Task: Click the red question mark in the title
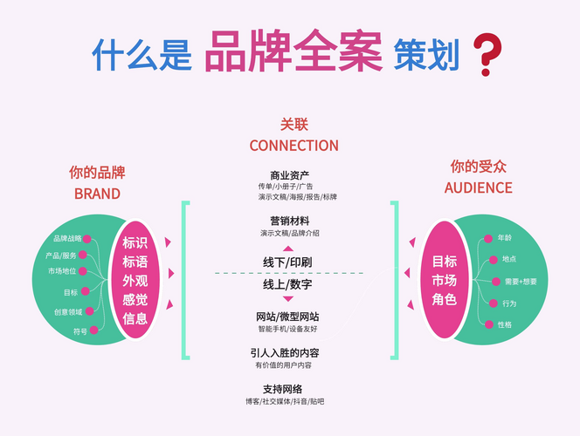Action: pyautogui.click(x=487, y=55)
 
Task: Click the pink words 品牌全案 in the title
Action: pyautogui.click(x=293, y=51)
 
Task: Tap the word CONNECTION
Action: pyautogui.click(x=294, y=146)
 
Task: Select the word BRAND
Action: pyautogui.click(x=97, y=194)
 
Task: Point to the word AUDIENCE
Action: pyautogui.click(x=479, y=187)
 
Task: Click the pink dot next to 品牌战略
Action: pyautogui.click(x=87, y=239)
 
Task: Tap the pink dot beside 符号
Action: pyautogui.click(x=94, y=330)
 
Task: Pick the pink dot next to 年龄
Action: pyautogui.click(x=488, y=238)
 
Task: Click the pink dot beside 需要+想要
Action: pyautogui.click(x=496, y=282)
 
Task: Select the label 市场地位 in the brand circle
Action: pyautogui.click(x=62, y=271)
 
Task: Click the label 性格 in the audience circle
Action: pyautogui.click(x=505, y=324)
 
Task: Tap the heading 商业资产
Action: pyautogui.click(x=290, y=175)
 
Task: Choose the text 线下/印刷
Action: pyautogui.click(x=287, y=262)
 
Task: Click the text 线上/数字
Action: pyautogui.click(x=287, y=284)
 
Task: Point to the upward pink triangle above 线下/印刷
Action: pyautogui.click(x=287, y=249)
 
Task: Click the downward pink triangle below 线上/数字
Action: pyautogui.click(x=287, y=299)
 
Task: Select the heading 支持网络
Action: pyautogui.click(x=283, y=389)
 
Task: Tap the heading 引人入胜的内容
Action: pyautogui.click(x=285, y=353)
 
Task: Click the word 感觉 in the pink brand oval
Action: pyautogui.click(x=135, y=299)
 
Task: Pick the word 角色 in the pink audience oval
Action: pyautogui.click(x=445, y=299)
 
